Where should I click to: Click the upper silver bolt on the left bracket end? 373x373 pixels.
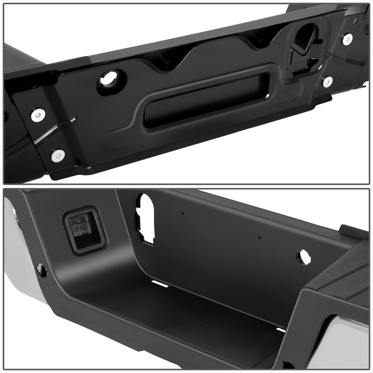[x=38, y=115]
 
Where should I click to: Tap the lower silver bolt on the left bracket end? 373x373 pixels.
[x=58, y=155]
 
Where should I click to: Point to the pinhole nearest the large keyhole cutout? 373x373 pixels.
[x=182, y=213]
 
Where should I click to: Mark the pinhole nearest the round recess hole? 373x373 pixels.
[x=259, y=238]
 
